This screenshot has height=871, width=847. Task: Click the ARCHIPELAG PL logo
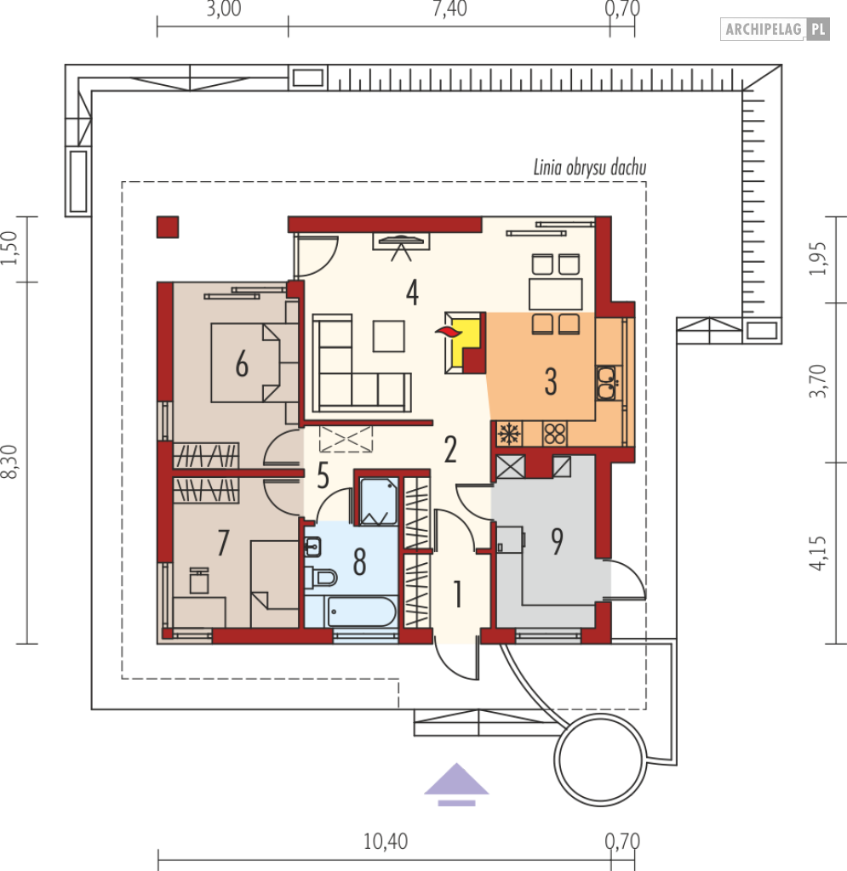(x=775, y=29)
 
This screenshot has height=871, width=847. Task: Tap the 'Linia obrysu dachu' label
(x=590, y=168)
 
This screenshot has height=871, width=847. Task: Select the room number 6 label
(x=242, y=365)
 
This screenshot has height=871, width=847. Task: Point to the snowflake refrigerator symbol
(x=509, y=433)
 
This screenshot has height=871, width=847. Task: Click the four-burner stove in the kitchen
(x=554, y=434)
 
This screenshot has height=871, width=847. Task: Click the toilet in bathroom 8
(x=321, y=578)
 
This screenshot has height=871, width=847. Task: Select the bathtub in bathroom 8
(x=362, y=612)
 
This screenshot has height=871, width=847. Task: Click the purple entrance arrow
(x=456, y=783)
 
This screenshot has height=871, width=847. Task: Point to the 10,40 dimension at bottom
(x=385, y=841)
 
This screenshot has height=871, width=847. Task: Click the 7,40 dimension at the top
(x=449, y=9)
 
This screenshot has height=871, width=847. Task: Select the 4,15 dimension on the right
(x=817, y=553)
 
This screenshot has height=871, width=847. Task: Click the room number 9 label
(x=557, y=542)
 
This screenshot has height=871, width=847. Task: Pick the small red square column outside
(x=168, y=227)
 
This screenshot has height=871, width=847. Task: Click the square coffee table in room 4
(x=388, y=336)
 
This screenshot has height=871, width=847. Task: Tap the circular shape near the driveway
(x=600, y=760)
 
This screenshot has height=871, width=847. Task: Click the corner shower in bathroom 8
(x=379, y=501)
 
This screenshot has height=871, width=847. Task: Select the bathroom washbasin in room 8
(x=313, y=547)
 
